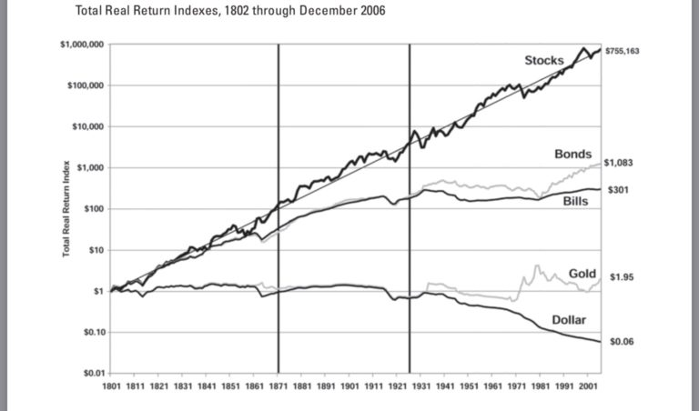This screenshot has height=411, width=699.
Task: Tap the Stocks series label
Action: pos(543,60)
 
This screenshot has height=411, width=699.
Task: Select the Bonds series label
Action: pos(573,154)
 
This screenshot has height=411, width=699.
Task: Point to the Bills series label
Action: pos(573,200)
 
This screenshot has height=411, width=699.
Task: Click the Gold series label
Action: pos(582,274)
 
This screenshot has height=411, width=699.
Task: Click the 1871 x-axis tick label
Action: pos(279,385)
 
